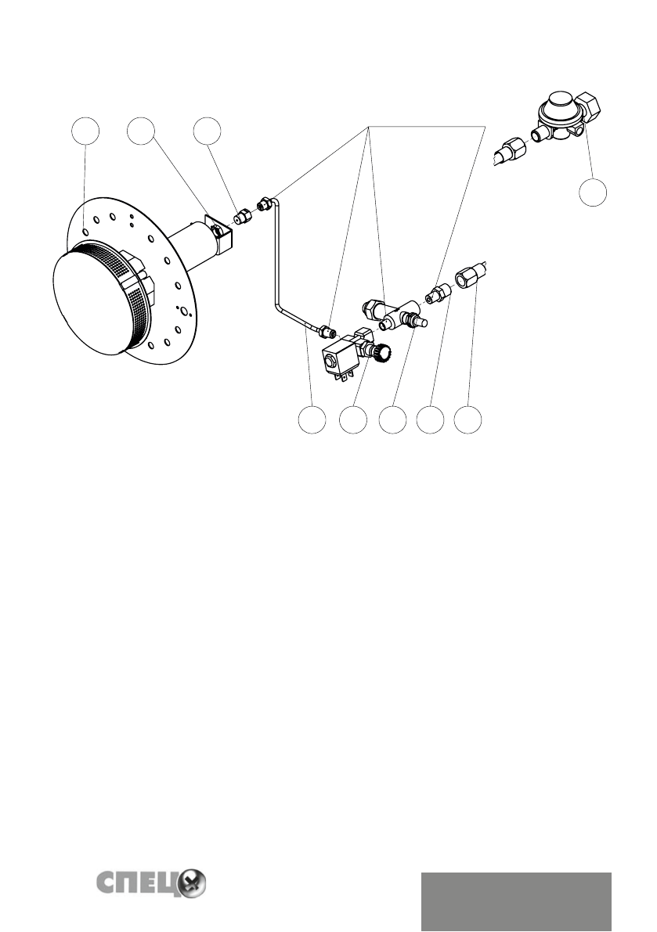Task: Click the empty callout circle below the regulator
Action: [x=594, y=192]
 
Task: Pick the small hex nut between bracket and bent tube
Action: [x=242, y=214]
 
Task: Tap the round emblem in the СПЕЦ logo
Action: [x=193, y=885]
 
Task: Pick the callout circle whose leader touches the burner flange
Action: [x=85, y=131]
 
